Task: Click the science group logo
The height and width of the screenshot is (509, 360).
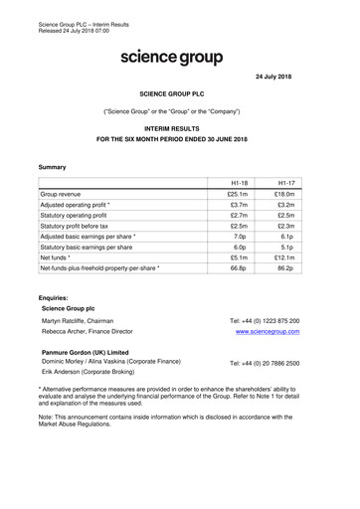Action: point(171,58)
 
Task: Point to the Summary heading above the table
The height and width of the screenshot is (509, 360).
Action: point(53,166)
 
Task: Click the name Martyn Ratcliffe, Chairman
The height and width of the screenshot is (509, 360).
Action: point(86,321)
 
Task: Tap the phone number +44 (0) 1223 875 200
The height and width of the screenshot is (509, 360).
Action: point(265,321)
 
